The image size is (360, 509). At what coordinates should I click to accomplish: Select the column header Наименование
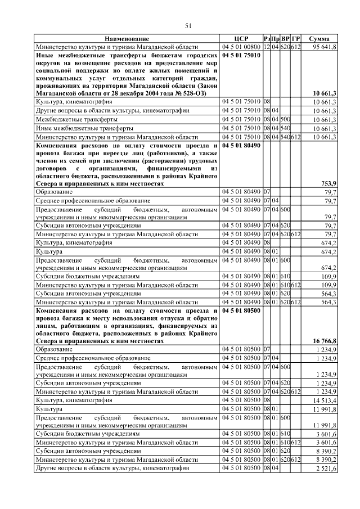click(127, 38)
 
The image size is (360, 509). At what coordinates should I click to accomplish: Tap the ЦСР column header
click(241, 38)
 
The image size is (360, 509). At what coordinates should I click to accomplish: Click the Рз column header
click(267, 38)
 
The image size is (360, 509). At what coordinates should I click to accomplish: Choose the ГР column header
click(296, 38)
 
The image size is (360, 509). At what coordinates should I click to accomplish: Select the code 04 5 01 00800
click(241, 47)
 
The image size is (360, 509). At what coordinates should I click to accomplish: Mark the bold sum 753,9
click(328, 183)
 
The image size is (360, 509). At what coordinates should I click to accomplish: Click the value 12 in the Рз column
click(267, 47)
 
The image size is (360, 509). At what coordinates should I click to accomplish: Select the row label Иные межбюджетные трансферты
click(77, 128)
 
